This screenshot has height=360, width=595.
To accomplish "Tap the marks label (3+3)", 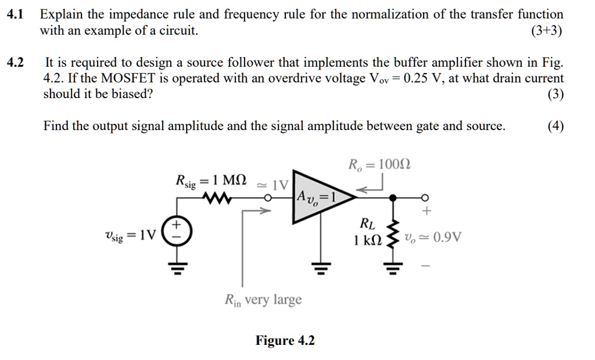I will (546, 31).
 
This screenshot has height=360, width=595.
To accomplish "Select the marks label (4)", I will (555, 126).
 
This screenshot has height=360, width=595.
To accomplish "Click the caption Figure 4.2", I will (285, 340).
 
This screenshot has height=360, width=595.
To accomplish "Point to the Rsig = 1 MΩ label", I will (212, 181).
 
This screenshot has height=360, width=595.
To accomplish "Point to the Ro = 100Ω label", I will (378, 164).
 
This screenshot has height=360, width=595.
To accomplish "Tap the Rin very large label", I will (263, 300).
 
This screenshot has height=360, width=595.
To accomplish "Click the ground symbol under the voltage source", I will (173, 268).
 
